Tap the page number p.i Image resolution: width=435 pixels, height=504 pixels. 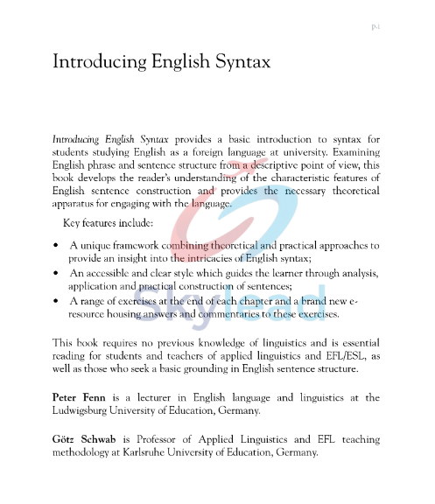click(x=375, y=27)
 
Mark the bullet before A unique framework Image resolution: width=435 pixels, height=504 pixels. click(x=56, y=247)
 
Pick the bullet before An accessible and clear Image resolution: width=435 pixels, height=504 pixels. click(x=56, y=274)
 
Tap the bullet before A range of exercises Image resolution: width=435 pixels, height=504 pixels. click(x=56, y=301)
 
